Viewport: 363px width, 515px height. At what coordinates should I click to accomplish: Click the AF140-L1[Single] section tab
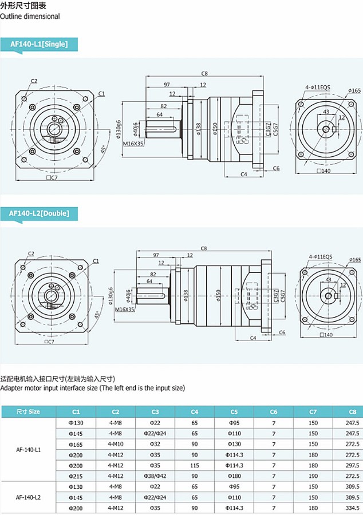(39, 44)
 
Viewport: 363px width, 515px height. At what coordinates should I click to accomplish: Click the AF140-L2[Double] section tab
(39, 213)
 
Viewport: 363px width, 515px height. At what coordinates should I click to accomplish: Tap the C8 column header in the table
(352, 411)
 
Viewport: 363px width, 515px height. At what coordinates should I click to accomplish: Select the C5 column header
(234, 411)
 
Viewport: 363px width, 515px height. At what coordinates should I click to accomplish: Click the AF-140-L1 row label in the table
(28, 449)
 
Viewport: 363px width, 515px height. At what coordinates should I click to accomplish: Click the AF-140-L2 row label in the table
(28, 497)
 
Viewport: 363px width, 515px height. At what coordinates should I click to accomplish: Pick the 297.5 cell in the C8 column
(352, 465)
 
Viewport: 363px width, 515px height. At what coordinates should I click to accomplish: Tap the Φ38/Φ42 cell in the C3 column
(155, 476)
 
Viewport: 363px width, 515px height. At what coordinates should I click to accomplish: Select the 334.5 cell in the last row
(352, 508)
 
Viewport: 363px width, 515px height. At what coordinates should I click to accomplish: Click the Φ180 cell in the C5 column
(234, 476)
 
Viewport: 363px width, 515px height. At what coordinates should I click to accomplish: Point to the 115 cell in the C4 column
(195, 465)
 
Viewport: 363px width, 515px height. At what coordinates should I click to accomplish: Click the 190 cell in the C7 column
(313, 476)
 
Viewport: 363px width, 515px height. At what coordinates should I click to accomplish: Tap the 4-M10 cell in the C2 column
(115, 443)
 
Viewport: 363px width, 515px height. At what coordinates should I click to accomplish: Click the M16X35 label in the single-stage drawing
(133, 144)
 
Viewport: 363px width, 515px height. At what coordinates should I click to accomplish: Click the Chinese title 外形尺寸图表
(23, 6)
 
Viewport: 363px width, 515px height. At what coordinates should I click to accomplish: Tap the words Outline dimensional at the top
(30, 17)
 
